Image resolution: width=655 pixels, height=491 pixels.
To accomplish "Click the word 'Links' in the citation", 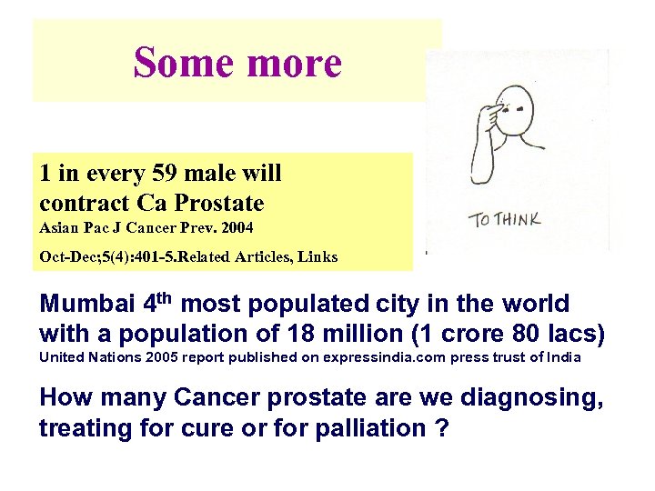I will point(315,256).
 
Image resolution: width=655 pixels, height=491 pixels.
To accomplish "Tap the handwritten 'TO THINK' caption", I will point(505,219).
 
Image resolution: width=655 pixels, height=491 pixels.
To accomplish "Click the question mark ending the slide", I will point(442,427).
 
